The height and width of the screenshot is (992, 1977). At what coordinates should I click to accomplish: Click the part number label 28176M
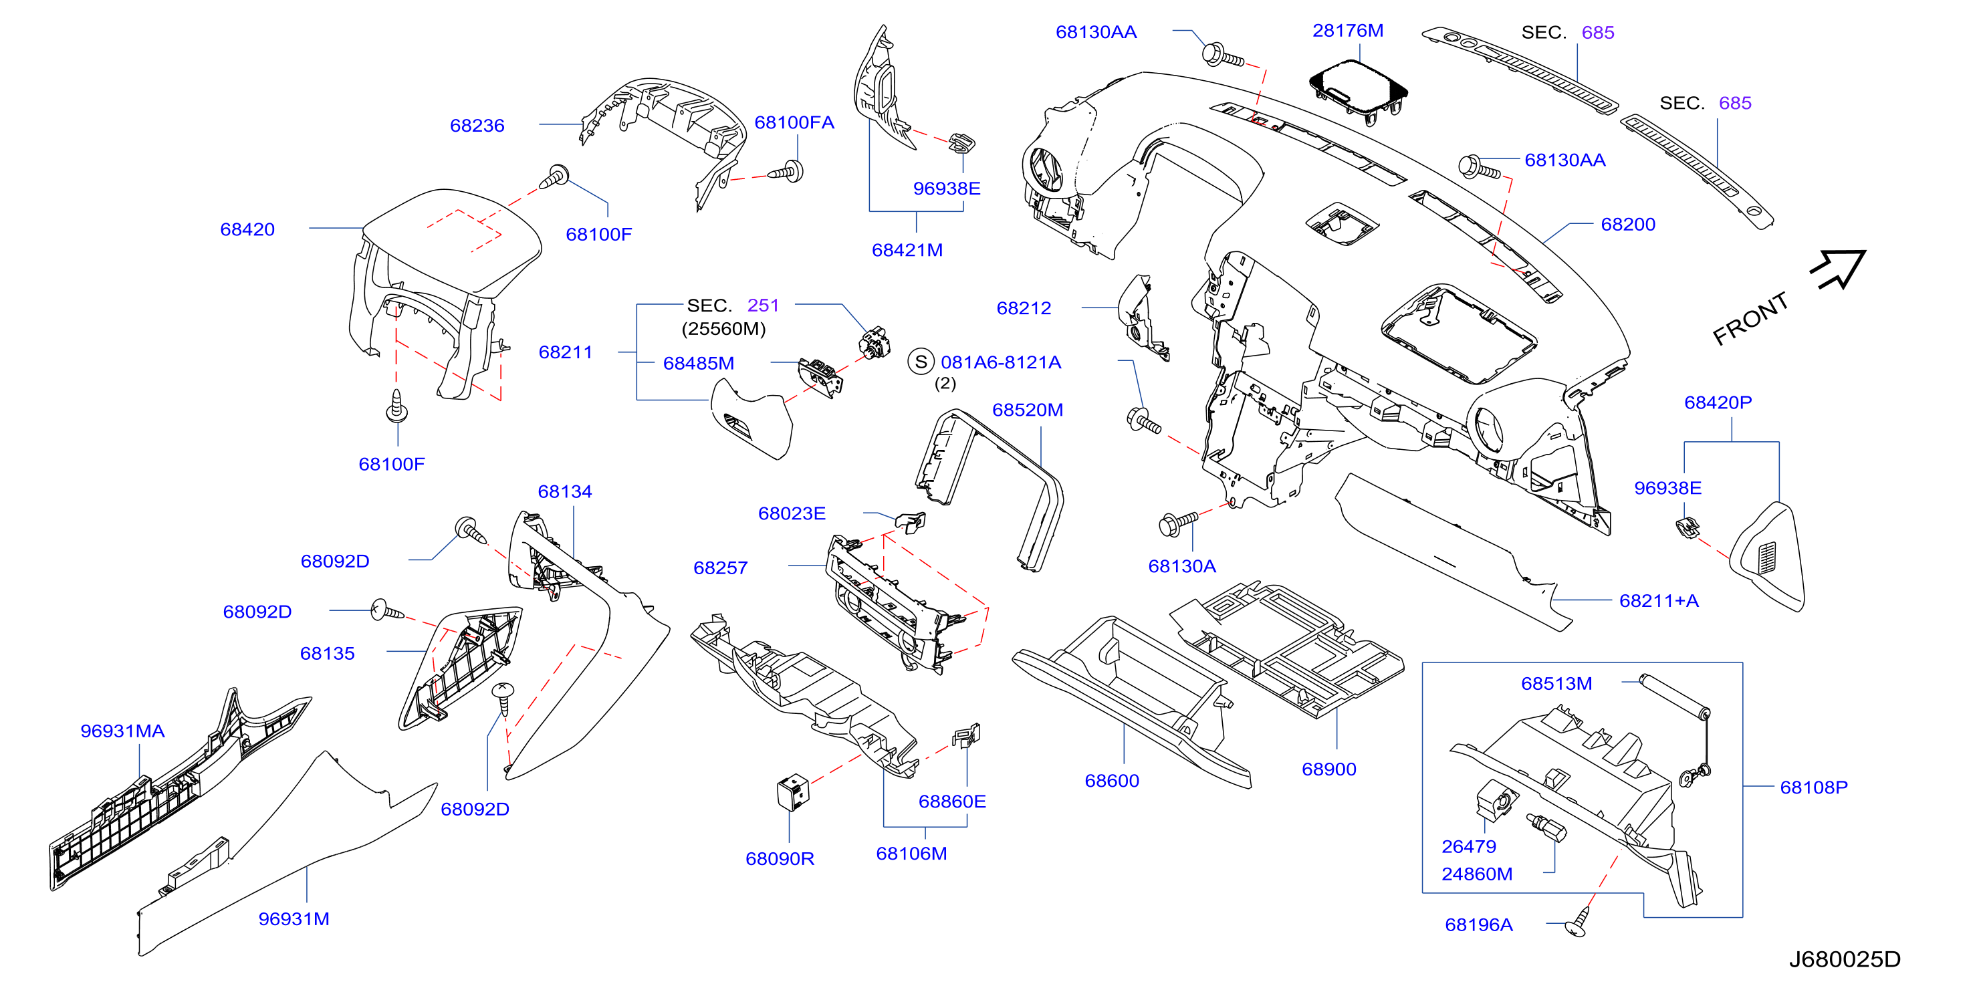(1348, 31)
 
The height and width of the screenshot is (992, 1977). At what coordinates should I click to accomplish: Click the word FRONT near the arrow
(1750, 318)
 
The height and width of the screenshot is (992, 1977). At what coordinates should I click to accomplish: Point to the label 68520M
(1028, 410)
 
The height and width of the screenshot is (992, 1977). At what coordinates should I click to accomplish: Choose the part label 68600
(1111, 780)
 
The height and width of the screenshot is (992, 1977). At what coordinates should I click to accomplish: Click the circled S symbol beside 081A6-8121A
(921, 362)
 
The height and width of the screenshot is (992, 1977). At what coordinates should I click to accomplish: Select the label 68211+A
(1659, 601)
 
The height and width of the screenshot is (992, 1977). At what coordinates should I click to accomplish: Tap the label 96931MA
(123, 731)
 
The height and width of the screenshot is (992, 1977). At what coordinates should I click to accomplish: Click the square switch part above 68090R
(793, 791)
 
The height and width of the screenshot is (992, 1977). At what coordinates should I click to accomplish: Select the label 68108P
(1813, 787)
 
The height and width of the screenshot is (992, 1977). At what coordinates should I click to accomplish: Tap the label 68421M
(907, 250)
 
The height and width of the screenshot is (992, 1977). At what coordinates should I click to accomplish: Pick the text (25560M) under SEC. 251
(723, 328)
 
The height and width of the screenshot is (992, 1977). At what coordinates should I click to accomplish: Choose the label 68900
(1328, 769)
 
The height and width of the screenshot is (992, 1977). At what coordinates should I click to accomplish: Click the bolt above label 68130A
(1177, 523)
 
